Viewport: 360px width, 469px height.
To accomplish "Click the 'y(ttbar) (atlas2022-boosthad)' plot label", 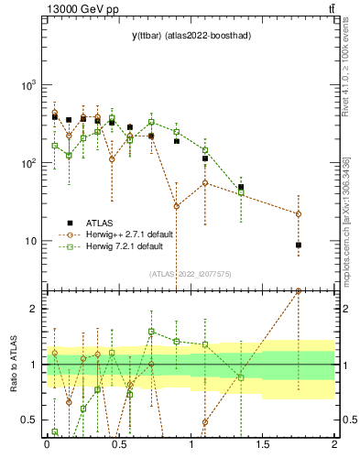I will coord(191,35).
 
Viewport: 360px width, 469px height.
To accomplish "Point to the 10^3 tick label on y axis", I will coord(30,85).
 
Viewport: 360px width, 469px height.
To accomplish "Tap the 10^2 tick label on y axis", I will coord(30,163).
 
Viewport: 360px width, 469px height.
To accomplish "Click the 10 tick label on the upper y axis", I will coord(33,241).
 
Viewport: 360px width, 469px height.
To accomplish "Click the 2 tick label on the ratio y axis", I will coord(37,309).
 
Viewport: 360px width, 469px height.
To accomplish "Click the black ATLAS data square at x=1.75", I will coord(299,245).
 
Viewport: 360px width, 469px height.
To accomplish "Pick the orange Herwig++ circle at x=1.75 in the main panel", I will coord(299,214).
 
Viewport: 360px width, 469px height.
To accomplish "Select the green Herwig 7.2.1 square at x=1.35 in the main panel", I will coord(241,191).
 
